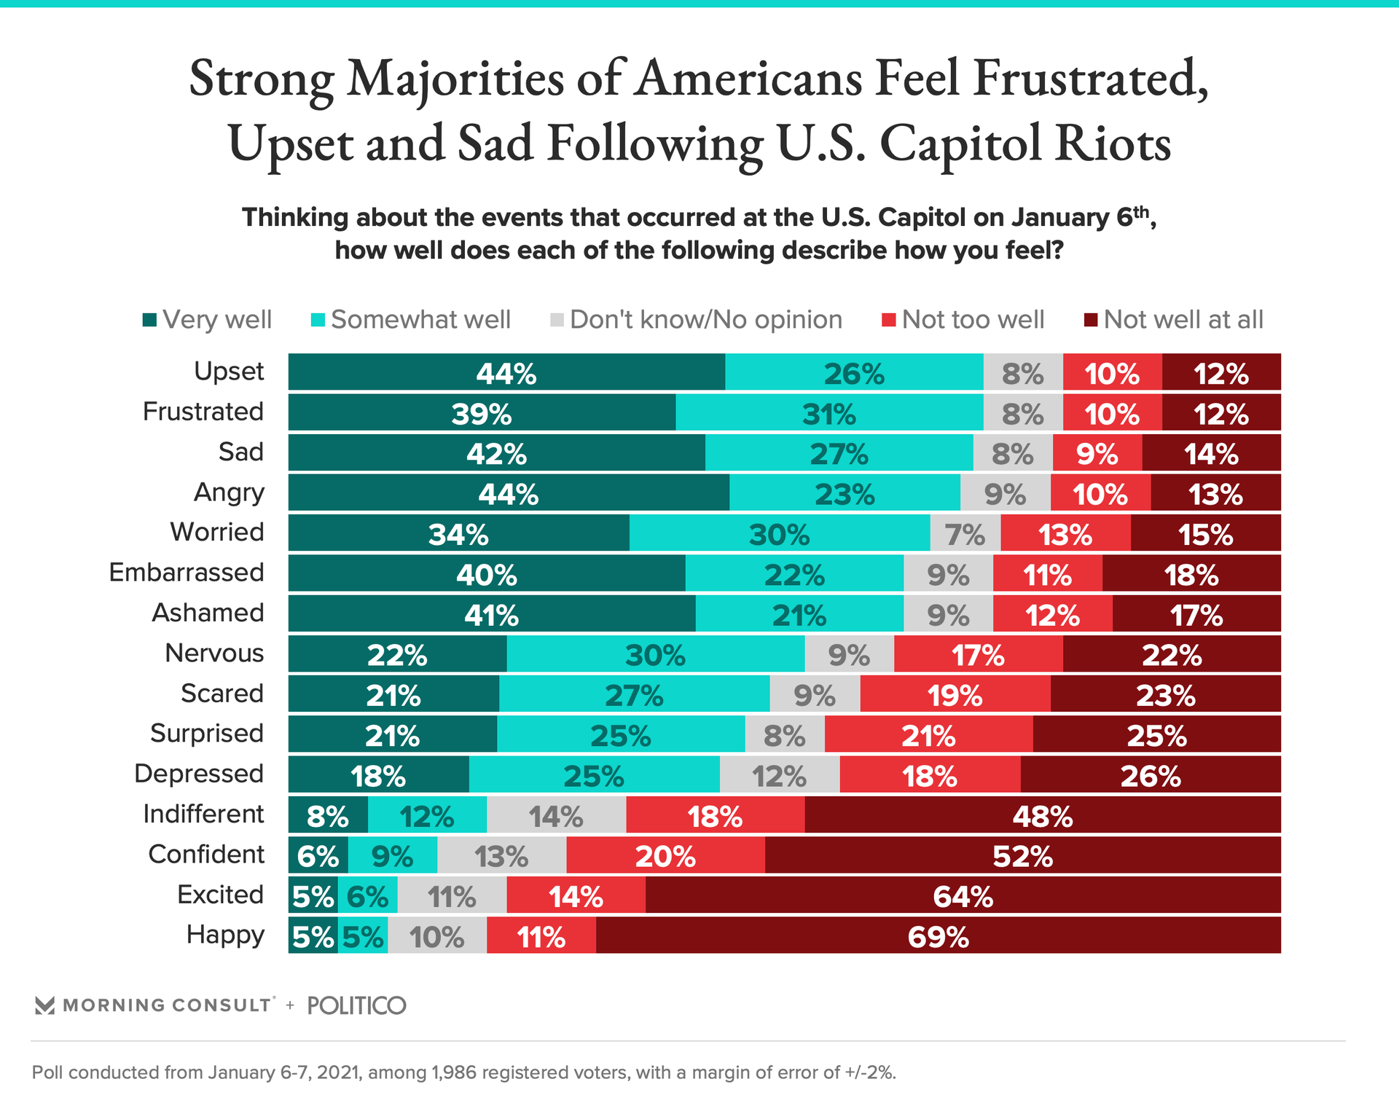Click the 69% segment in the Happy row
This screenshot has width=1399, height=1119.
[x=938, y=935]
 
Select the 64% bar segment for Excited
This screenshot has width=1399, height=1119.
[x=963, y=895]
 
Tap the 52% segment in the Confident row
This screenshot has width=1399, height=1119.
[x=1022, y=855]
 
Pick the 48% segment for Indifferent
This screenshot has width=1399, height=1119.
[x=1042, y=815]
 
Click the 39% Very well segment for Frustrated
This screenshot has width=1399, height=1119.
[x=482, y=412]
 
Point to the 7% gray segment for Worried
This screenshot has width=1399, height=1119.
[x=965, y=533]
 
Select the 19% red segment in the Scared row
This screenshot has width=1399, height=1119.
[x=955, y=694]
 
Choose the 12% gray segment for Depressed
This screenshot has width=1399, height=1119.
[x=779, y=774]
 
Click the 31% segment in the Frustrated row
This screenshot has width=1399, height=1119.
[x=829, y=412]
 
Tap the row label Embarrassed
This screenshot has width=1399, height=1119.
[x=187, y=573]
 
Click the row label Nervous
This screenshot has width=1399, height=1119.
[x=214, y=653]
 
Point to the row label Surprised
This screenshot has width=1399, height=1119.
[x=207, y=734]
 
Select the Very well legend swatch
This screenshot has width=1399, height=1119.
[x=150, y=320]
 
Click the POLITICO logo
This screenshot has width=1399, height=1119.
[x=356, y=1005]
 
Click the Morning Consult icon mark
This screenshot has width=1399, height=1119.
[x=45, y=1005]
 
